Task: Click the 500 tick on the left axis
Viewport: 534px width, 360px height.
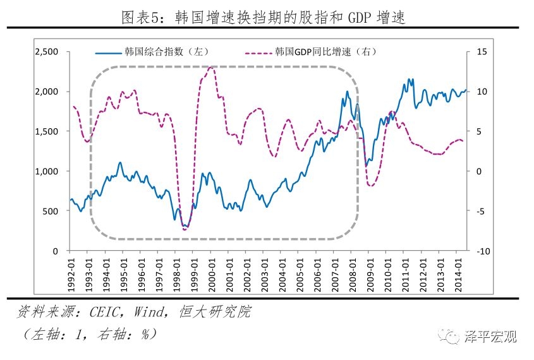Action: pos(51,211)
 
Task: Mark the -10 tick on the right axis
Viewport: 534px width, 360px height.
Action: pos(483,251)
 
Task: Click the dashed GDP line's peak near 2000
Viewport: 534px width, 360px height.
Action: pos(210,66)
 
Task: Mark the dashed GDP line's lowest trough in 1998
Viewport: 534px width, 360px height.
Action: pos(185,229)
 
